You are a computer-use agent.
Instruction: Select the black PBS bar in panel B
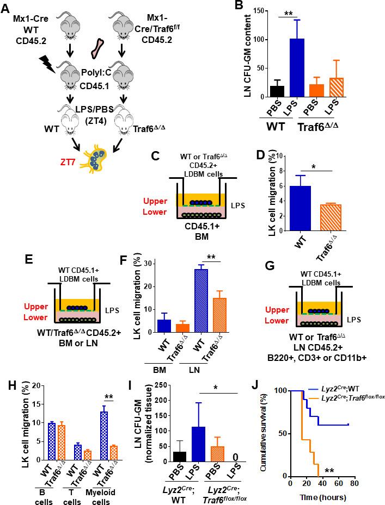click(x=262, y=90)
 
